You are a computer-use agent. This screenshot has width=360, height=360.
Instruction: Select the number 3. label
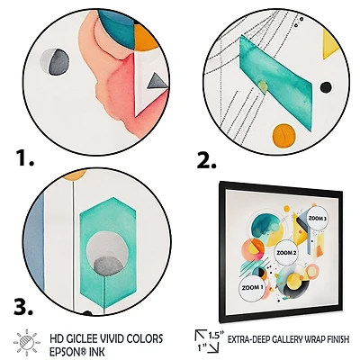[23, 303]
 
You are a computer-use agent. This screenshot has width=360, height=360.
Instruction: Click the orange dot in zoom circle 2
[283, 133]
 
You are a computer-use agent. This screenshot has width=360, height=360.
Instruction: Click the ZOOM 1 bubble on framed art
[253, 287]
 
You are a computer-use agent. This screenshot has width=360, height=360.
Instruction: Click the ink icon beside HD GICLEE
[25, 343]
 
